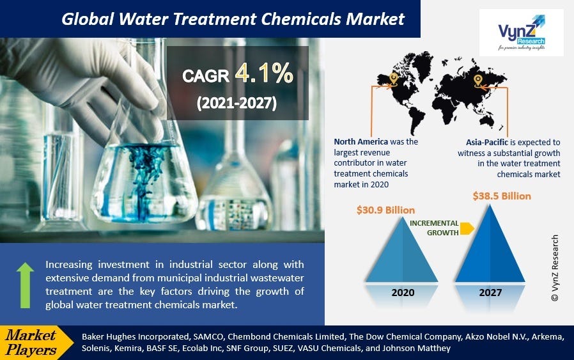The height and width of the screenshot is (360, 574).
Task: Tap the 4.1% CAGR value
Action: point(263,75)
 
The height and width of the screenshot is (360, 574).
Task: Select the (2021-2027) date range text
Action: point(237,103)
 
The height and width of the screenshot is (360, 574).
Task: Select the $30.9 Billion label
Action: point(385,210)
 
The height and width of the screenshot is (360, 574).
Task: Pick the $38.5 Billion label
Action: point(501,196)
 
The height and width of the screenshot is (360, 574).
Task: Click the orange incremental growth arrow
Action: point(467,228)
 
